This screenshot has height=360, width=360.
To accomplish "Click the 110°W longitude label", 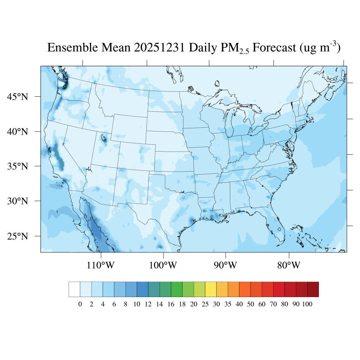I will [x=101, y=265].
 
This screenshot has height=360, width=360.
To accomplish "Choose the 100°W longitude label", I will [x=163, y=265].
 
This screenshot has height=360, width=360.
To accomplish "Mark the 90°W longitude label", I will [x=225, y=265].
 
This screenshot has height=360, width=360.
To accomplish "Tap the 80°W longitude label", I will [x=289, y=265].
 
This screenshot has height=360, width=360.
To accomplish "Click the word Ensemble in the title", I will [x=71, y=48].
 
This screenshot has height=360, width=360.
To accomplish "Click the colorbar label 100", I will [x=307, y=304].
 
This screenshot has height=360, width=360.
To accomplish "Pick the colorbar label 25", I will [x=205, y=304].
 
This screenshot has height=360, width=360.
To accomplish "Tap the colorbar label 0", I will [x=80, y=304].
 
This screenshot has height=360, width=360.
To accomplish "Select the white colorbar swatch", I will [x=74, y=289].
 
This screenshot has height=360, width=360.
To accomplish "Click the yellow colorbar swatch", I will [x=211, y=289].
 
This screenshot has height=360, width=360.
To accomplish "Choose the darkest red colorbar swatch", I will [x=313, y=289].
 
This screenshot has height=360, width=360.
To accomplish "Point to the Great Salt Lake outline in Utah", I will [x=104, y=138].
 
